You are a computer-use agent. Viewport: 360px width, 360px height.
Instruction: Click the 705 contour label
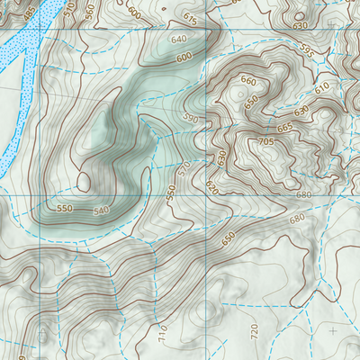click(x=265, y=142)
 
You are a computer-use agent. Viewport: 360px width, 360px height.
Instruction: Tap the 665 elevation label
click(x=285, y=128)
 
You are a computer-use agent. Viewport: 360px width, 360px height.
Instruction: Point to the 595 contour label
click(x=307, y=52)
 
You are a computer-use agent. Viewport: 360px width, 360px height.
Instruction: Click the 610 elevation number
click(x=322, y=87)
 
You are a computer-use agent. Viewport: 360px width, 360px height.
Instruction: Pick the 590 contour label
click(x=190, y=118)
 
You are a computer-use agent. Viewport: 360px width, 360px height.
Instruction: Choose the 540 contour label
click(x=101, y=211)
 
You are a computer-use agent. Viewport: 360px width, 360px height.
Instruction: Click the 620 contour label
click(x=211, y=187)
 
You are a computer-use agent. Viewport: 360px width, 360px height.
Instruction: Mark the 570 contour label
click(x=184, y=168)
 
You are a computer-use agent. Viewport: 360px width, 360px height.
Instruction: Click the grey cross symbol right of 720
click(x=334, y=331)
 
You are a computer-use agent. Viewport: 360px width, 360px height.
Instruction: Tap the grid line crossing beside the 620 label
click(x=206, y=193)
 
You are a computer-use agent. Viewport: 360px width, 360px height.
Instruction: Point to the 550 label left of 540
click(x=64, y=208)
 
